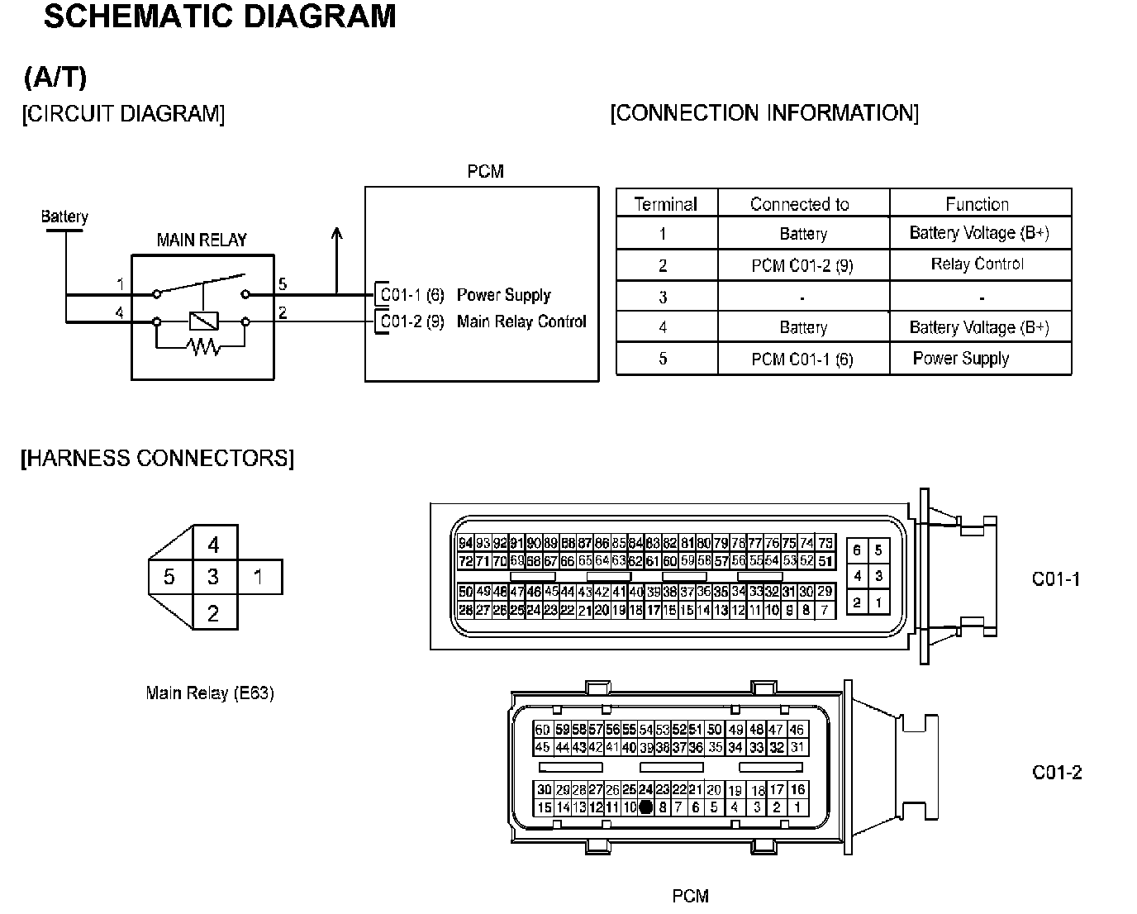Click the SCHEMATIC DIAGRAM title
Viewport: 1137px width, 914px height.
[219, 17]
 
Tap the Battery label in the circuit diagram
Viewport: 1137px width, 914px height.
[64, 217]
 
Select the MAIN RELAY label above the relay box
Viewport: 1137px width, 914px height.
[202, 240]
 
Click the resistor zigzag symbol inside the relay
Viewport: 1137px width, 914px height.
[203, 347]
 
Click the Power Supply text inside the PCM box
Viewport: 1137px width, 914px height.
[503, 295]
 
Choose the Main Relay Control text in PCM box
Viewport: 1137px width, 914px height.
[521, 321]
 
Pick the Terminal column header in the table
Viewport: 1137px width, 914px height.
[665, 204]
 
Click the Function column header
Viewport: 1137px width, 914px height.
[977, 204]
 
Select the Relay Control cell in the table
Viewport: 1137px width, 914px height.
[977, 264]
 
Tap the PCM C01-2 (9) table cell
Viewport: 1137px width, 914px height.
[802, 266]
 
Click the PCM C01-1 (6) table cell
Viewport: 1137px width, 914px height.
[802, 359]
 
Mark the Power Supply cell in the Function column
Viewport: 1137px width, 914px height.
[961, 359]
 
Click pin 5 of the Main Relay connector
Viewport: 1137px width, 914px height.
[169, 577]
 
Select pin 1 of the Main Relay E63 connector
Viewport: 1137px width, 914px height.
[259, 577]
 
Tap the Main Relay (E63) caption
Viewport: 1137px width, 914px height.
[210, 693]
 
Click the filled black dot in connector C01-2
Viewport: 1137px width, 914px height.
[646, 807]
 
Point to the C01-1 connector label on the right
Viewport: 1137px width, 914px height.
[1056, 579]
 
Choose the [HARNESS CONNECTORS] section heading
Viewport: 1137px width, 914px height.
[157, 458]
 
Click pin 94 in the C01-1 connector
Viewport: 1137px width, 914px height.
[465, 543]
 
